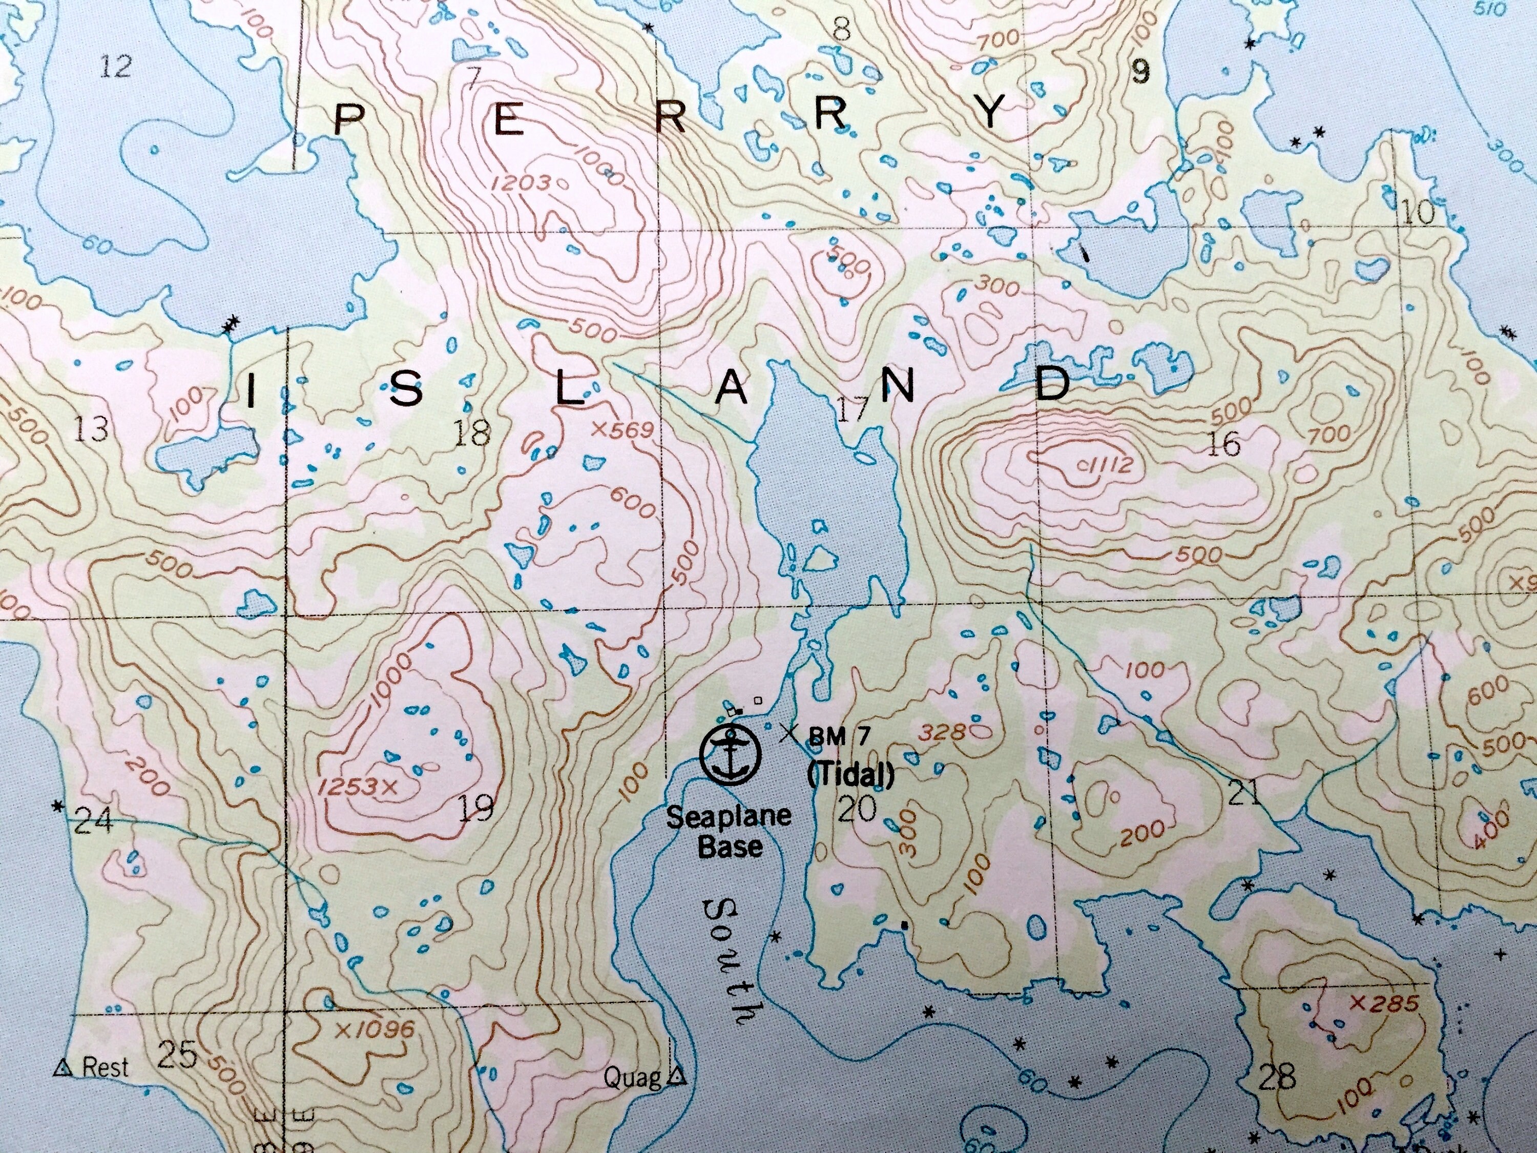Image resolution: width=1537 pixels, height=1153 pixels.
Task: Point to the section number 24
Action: pyautogui.click(x=92, y=822)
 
